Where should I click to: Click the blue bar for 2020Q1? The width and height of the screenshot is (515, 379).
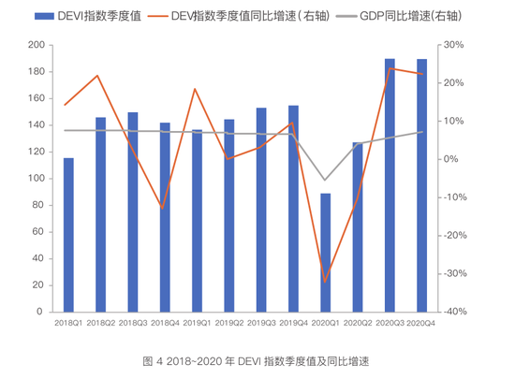325,253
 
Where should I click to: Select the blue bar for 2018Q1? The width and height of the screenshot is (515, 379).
68,235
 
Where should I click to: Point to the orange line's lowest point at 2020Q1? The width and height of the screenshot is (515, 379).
325,281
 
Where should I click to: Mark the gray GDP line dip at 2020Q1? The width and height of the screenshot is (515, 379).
325,180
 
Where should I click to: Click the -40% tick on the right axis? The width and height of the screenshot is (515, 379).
455,312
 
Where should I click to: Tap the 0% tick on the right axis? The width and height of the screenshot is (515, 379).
451,159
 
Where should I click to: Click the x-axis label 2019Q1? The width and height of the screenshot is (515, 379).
197,323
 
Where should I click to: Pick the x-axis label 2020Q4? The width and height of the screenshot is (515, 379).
420,323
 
